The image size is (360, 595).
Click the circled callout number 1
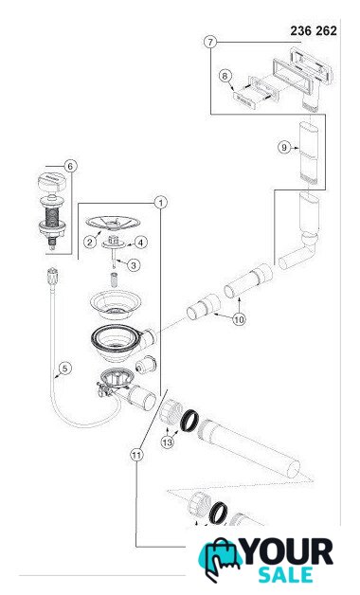point(161,203)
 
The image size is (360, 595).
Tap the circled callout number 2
point(90,242)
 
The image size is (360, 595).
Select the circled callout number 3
point(134,265)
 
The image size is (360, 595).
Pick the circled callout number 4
point(141,243)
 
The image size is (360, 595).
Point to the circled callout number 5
point(65,368)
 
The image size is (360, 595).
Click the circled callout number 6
point(70,166)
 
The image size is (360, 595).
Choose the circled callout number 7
point(210,42)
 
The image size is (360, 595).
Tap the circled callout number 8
point(225,76)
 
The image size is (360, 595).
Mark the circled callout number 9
point(284,147)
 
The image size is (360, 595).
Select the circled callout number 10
point(239,319)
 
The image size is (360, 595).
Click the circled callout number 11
point(137,454)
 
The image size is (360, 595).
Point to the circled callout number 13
point(168,442)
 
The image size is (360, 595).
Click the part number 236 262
point(314,30)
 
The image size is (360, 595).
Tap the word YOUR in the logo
point(288,552)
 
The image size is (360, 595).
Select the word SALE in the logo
point(285,575)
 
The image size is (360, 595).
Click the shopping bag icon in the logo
point(219,559)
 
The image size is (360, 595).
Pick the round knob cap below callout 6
point(52,182)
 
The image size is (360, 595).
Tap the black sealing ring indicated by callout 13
point(189,421)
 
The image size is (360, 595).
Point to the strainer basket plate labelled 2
point(113,223)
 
